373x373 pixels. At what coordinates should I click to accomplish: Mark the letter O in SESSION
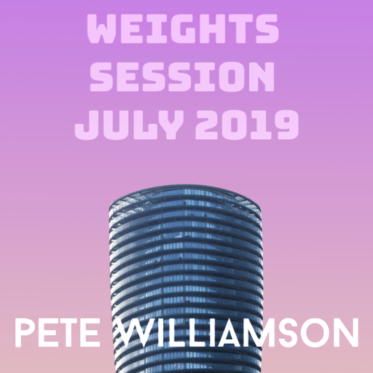pos(237,77)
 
